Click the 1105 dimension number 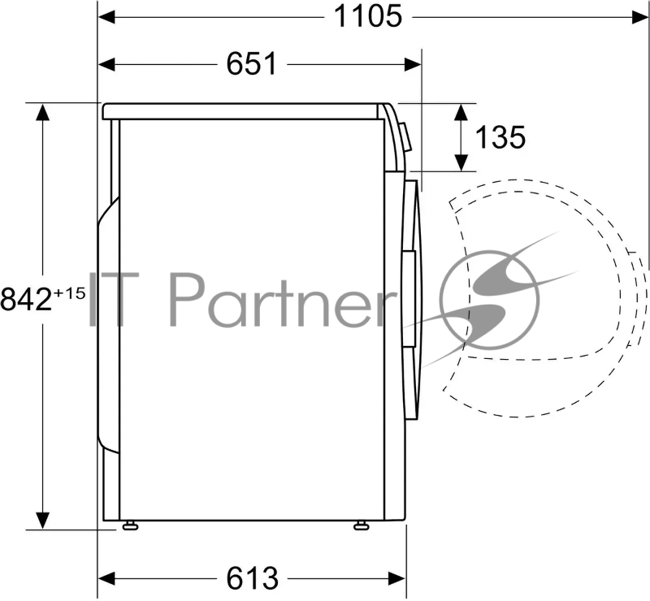click(370, 15)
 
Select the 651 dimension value click(252, 63)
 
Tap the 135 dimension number click(500, 137)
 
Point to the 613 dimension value click(252, 578)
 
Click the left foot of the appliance click(129, 525)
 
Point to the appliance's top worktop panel click(244, 111)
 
